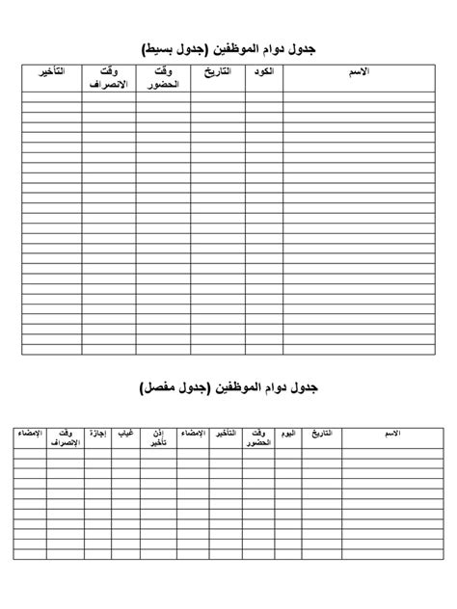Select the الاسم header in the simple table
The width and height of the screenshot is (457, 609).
[x=362, y=73]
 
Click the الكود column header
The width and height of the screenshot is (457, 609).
[x=258, y=73]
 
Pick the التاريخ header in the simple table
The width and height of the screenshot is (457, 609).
[x=219, y=73]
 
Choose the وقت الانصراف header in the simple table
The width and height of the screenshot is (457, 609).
[x=109, y=79]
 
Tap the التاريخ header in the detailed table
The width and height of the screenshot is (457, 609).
[x=321, y=435]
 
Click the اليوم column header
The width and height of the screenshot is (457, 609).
[x=287, y=435]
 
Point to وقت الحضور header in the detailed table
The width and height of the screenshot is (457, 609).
[x=255, y=440]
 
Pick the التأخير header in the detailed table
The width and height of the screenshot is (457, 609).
[x=222, y=435]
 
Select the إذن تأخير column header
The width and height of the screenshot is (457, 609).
[x=156, y=440]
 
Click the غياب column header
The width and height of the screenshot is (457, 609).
[x=125, y=435]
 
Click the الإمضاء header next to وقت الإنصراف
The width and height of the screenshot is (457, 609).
[x=29, y=435]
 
